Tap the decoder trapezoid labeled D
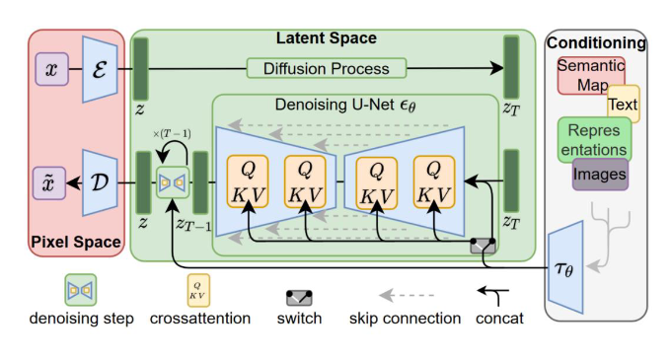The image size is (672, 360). click(100, 183)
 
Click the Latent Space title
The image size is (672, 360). click(325, 37)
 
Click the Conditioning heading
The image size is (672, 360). click(598, 42)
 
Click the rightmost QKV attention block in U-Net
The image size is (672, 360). click(435, 182)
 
